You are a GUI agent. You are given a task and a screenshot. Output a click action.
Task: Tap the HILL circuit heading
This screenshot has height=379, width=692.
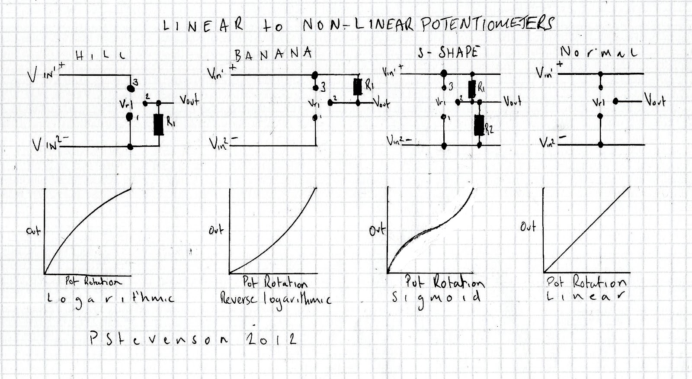(x=100, y=55)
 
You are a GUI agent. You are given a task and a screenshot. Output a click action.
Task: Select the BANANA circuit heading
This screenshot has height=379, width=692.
(x=273, y=54)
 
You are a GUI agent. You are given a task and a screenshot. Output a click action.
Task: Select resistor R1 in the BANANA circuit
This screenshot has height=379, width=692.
(x=357, y=87)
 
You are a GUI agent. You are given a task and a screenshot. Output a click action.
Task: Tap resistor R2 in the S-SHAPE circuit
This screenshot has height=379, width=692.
(x=478, y=125)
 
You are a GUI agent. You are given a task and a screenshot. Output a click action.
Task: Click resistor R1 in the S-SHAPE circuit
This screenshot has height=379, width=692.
(x=472, y=89)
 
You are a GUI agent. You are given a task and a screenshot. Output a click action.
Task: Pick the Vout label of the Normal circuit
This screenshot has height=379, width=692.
(x=655, y=100)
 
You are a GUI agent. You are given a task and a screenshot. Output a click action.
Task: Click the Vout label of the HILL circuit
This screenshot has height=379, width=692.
(x=189, y=101)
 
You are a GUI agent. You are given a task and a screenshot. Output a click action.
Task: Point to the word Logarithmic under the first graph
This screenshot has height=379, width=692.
(x=110, y=299)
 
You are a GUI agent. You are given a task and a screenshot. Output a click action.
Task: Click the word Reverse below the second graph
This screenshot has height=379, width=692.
(x=239, y=299)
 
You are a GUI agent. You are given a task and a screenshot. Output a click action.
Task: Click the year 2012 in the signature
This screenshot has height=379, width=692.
(x=272, y=339)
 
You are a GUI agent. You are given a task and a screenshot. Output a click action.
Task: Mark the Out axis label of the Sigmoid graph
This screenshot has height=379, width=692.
(x=377, y=230)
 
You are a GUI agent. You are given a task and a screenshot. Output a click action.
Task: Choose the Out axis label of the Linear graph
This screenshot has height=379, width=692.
(x=528, y=226)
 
